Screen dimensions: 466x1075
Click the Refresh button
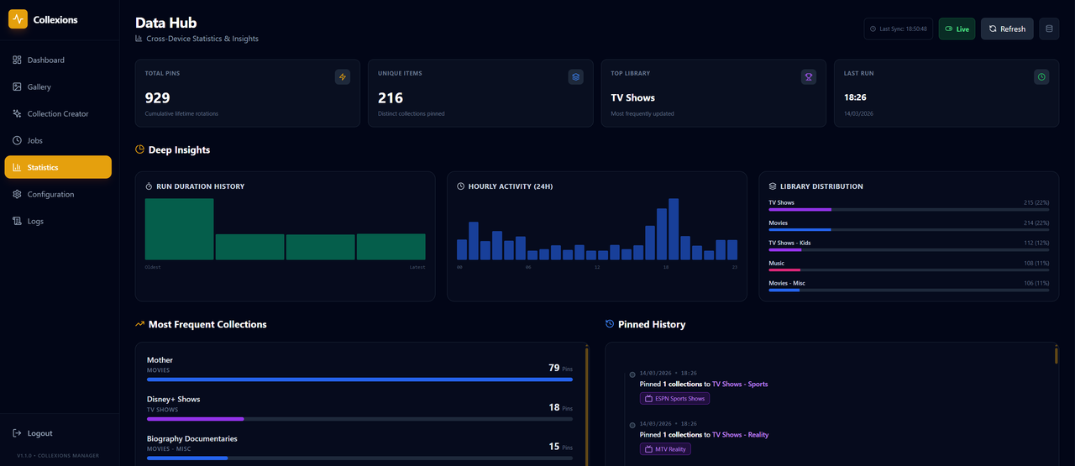[1007, 29]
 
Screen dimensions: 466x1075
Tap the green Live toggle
[957, 29]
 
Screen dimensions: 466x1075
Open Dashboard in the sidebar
[45, 60]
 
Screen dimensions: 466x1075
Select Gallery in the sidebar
[39, 87]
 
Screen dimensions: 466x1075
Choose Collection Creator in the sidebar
[57, 114]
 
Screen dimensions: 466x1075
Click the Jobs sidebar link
[34, 141]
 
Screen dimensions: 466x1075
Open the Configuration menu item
[50, 195]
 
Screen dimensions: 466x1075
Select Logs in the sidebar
[35, 222]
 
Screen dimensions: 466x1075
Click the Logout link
[39, 433]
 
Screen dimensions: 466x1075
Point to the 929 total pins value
[157, 98]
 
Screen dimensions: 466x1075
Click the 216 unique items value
[391, 98]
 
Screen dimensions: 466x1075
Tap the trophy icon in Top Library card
[809, 77]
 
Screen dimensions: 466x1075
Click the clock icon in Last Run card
[1041, 77]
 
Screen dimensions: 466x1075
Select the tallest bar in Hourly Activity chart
[674, 229]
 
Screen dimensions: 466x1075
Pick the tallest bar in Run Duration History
[179, 229]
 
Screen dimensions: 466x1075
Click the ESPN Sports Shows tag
[674, 399]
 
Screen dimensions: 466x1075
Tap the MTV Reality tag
[665, 449]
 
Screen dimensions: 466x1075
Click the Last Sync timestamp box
[898, 29]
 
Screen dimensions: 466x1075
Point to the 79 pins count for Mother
[553, 368]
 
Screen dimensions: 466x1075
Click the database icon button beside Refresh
[1049, 29]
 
